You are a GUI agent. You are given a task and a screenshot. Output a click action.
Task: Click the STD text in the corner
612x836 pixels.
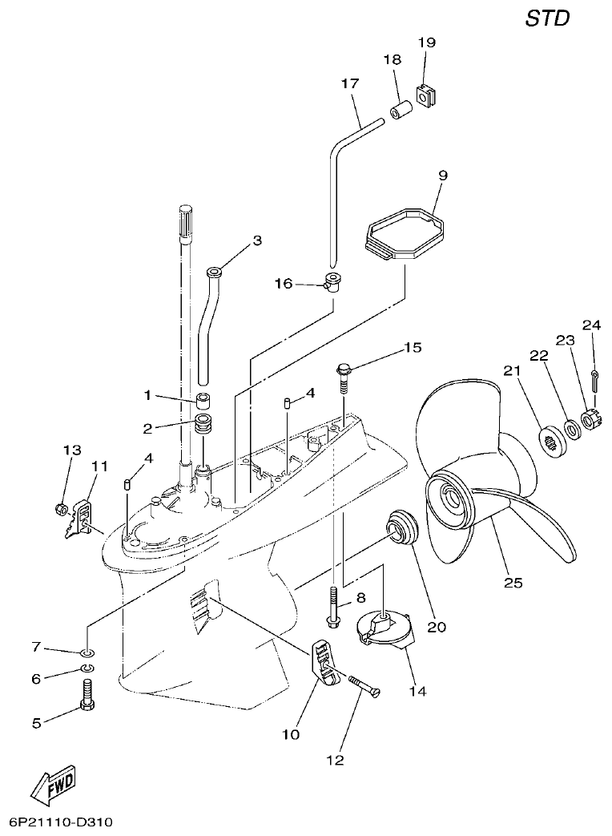click(x=548, y=18)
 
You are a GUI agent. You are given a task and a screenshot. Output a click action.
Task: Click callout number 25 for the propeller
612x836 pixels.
click(x=513, y=583)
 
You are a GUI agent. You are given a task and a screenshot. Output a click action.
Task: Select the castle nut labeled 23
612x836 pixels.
click(x=590, y=419)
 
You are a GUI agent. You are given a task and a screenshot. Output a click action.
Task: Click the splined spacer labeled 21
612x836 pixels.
click(x=551, y=440)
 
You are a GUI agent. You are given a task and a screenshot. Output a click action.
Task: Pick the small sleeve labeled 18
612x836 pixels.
click(x=401, y=108)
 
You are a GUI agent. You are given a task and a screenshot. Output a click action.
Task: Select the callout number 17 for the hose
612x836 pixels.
click(x=349, y=83)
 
